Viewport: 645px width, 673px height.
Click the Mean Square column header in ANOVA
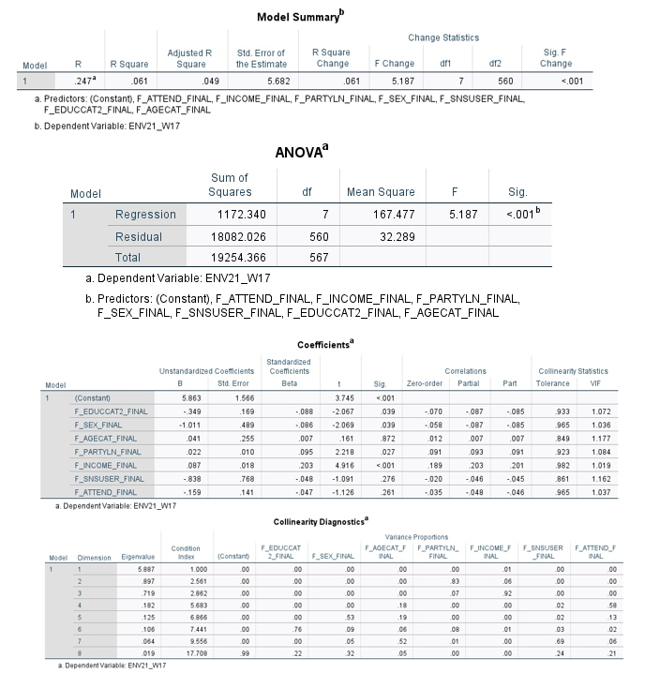(382, 192)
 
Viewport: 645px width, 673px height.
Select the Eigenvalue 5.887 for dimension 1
(138, 568)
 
